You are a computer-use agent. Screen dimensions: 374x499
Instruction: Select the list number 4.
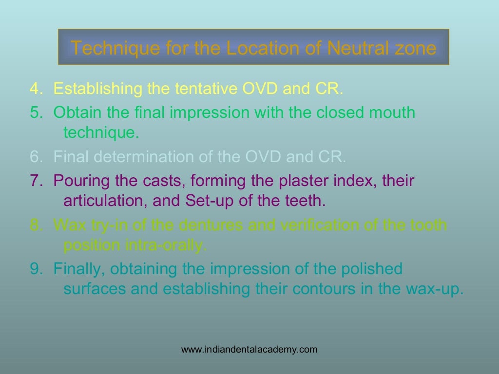[x=35, y=89]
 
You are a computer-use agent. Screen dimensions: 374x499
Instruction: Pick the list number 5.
[x=35, y=112]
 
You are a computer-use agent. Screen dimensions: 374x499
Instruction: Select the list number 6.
[x=35, y=157]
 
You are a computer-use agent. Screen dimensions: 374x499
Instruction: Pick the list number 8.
[x=35, y=225]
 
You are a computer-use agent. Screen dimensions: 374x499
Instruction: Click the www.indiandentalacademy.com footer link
[x=249, y=349]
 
